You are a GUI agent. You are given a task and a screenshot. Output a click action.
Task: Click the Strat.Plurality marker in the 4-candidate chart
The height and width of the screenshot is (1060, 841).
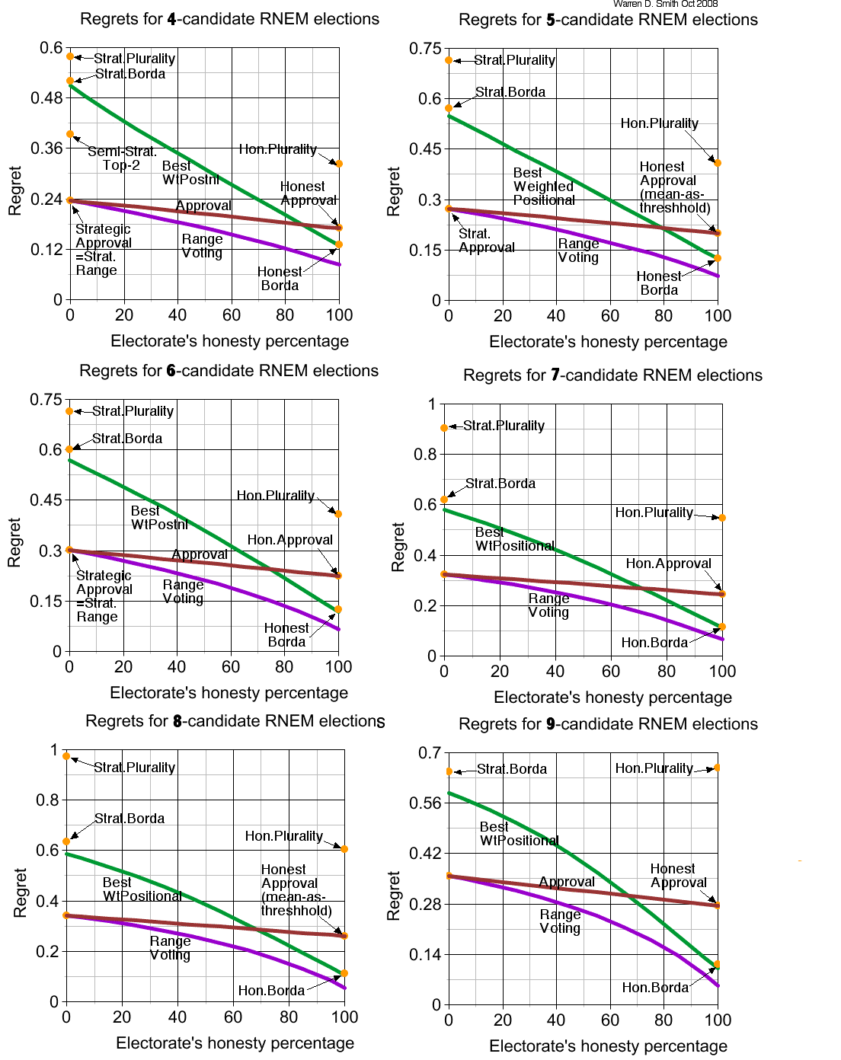pyautogui.click(x=70, y=56)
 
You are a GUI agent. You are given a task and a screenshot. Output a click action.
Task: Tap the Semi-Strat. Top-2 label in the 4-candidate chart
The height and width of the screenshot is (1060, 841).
pyautogui.click(x=122, y=158)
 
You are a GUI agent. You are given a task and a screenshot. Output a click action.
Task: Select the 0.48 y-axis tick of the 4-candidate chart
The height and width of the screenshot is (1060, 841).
pyautogui.click(x=46, y=97)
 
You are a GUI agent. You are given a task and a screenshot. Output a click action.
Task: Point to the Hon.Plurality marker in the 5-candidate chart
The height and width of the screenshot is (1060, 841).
pyautogui.click(x=718, y=163)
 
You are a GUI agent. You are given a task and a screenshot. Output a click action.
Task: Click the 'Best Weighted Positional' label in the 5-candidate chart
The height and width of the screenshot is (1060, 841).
pyautogui.click(x=544, y=187)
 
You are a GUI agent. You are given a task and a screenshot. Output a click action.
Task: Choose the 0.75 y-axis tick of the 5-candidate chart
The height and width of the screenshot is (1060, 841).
pyautogui.click(x=425, y=49)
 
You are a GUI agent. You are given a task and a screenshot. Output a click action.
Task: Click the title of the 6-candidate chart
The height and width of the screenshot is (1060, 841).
pyautogui.click(x=229, y=371)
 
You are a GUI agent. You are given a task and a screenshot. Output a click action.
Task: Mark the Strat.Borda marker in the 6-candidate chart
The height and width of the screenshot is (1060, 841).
pyautogui.click(x=69, y=449)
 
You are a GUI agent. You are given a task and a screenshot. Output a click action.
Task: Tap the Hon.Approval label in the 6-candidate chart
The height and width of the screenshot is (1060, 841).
pyautogui.click(x=289, y=540)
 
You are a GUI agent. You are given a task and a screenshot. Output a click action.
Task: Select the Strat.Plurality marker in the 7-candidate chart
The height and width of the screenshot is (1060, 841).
pyautogui.click(x=444, y=428)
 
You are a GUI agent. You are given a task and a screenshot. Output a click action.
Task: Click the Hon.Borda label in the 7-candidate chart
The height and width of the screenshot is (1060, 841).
pyautogui.click(x=654, y=643)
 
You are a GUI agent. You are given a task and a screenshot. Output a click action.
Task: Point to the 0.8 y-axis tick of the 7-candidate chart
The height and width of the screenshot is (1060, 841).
pyautogui.click(x=425, y=455)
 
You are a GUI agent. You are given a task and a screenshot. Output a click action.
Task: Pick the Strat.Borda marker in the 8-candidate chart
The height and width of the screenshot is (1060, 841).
pyautogui.click(x=66, y=841)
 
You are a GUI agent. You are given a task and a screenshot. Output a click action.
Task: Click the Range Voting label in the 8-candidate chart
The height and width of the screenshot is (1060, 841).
pyautogui.click(x=170, y=948)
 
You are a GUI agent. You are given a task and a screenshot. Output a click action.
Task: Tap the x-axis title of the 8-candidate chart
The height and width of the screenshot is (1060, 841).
pyautogui.click(x=235, y=1043)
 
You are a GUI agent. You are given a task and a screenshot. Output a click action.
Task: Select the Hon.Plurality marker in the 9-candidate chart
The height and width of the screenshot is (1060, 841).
pyautogui.click(x=718, y=768)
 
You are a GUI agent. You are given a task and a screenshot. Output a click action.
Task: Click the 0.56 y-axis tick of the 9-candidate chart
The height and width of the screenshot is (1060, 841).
pyautogui.click(x=425, y=803)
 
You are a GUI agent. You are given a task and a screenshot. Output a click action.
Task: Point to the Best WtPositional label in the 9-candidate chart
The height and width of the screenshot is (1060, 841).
pyautogui.click(x=519, y=834)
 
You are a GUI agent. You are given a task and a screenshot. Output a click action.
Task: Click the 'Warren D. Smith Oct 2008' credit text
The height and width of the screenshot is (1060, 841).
pyautogui.click(x=665, y=4)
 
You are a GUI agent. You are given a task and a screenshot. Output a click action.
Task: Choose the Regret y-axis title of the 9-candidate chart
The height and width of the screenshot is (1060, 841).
pyautogui.click(x=394, y=896)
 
